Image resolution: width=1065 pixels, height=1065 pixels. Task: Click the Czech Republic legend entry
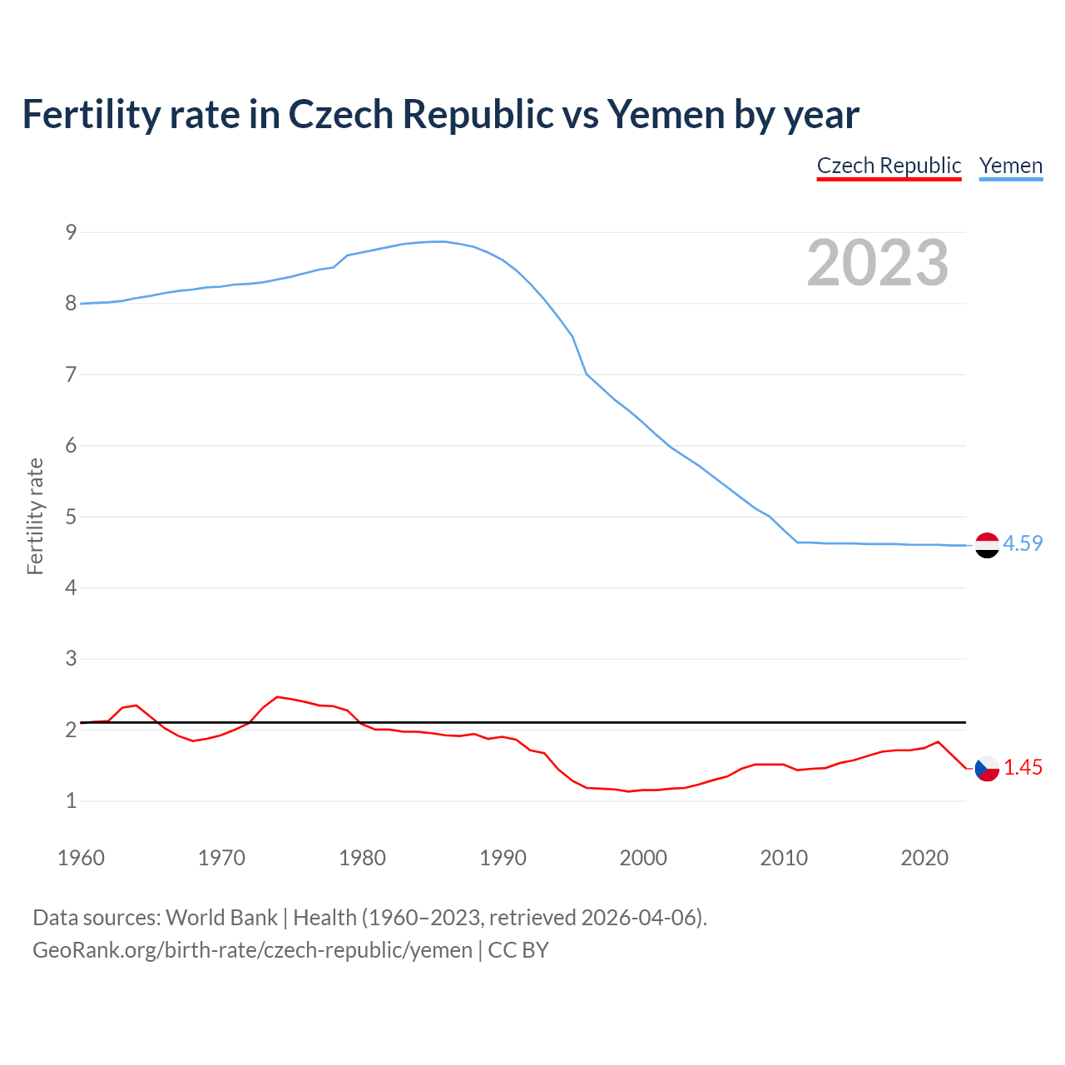pyautogui.click(x=889, y=166)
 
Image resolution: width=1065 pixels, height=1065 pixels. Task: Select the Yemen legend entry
pyautogui.click(x=1010, y=166)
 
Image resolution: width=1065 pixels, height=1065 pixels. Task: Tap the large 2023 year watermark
pyautogui.click(x=877, y=263)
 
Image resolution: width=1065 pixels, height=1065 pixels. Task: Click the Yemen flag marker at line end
pyautogui.click(x=987, y=545)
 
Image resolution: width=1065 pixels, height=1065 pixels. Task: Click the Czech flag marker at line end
pyautogui.click(x=987, y=768)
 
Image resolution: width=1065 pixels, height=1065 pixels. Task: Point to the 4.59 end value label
pyautogui.click(x=1023, y=543)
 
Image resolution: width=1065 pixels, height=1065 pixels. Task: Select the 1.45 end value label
pyautogui.click(x=1023, y=767)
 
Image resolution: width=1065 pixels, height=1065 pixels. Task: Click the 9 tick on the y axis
pyautogui.click(x=71, y=232)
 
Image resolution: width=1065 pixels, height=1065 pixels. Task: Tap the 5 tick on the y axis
pyautogui.click(x=71, y=517)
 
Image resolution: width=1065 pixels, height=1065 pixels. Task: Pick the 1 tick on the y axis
pyautogui.click(x=71, y=801)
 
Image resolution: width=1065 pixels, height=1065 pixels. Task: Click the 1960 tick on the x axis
pyautogui.click(x=81, y=858)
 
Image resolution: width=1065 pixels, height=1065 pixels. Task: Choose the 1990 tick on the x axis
pyautogui.click(x=503, y=858)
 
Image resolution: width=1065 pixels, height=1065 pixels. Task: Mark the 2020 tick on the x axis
pyautogui.click(x=924, y=858)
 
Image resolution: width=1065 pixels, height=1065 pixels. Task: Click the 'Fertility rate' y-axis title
pyautogui.click(x=35, y=516)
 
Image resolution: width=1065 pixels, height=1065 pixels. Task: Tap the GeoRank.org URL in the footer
pyautogui.click(x=252, y=949)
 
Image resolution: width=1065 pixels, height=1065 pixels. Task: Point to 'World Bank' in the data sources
pyautogui.click(x=221, y=918)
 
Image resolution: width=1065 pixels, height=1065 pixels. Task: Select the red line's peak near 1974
pyautogui.click(x=277, y=696)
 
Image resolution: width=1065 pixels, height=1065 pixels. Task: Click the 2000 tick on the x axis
pyautogui.click(x=643, y=858)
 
